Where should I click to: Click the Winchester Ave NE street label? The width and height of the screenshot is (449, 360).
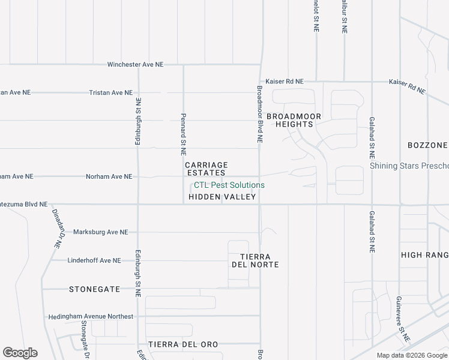click(135, 65)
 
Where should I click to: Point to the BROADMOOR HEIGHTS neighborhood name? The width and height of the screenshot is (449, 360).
click(294, 120)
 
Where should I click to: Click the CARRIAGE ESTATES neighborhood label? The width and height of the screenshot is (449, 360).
click(206, 169)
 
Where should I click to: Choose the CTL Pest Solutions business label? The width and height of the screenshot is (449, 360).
click(229, 185)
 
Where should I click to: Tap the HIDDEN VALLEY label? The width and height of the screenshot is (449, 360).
click(222, 197)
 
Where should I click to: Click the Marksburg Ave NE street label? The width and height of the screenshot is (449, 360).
click(100, 232)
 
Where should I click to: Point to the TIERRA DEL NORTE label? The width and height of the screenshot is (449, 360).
click(255, 260)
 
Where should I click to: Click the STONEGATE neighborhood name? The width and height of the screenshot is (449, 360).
click(95, 289)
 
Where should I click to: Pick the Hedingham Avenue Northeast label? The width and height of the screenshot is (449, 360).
click(91, 316)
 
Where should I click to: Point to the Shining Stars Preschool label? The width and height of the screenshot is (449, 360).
click(409, 166)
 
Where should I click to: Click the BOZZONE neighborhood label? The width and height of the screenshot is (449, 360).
click(427, 145)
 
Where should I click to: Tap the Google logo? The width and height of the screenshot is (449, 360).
click(20, 353)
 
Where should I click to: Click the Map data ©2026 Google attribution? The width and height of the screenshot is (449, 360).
click(412, 355)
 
